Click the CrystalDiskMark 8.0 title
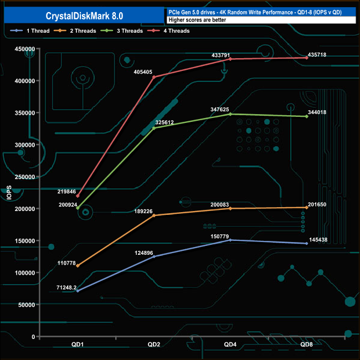pos(84,16)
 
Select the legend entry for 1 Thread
pos(30,31)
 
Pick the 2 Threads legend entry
pos(75,31)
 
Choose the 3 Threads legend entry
pos(122,31)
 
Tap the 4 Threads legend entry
pos(168,31)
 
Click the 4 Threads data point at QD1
pos(78,196)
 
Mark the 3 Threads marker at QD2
pos(154,128)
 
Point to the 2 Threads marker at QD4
pos(230,208)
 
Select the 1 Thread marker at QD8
pos(307,243)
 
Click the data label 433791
pos(220,55)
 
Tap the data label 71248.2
pos(66,287)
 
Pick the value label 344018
pos(317,112)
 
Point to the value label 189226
pos(143,211)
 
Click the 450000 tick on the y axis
pos(25,49)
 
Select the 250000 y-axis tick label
pos(25,177)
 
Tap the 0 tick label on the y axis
pos(33,337)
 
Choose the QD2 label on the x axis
pos(154,344)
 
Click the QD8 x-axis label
pos(307,344)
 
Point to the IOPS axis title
pos(9,193)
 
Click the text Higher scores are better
pos(197,20)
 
